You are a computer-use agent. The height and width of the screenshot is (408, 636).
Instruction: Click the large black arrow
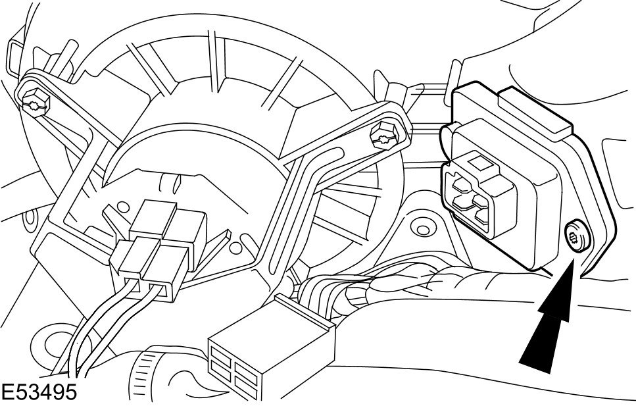551,322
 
